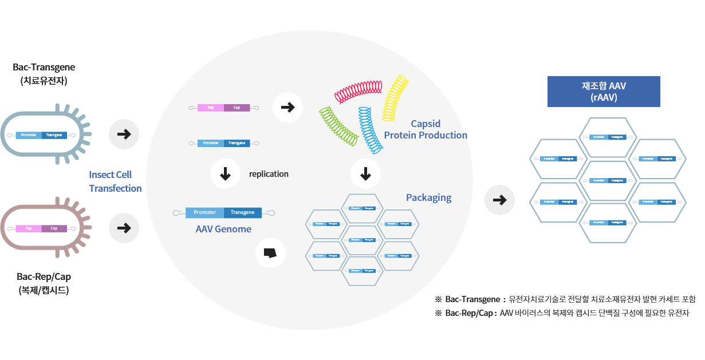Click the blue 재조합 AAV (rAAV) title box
pyautogui.click(x=604, y=92)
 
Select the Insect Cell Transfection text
pyautogui.click(x=115, y=181)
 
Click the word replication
pyautogui.click(x=269, y=174)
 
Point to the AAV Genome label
pyautogui.click(x=223, y=229)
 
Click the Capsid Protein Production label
pyautogui.click(x=426, y=130)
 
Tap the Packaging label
pyautogui.click(x=428, y=198)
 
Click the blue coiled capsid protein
pyautogui.click(x=371, y=129)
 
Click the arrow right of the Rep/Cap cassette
pyautogui.click(x=287, y=107)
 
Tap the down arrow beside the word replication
pyautogui.click(x=226, y=174)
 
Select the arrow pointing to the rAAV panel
pyautogui.click(x=499, y=200)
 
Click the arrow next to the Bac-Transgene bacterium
pyautogui.click(x=124, y=134)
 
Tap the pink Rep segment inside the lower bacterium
pyautogui.click(x=29, y=228)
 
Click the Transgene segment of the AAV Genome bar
pyautogui.click(x=242, y=213)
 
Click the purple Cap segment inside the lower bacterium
pyautogui.click(x=54, y=228)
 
